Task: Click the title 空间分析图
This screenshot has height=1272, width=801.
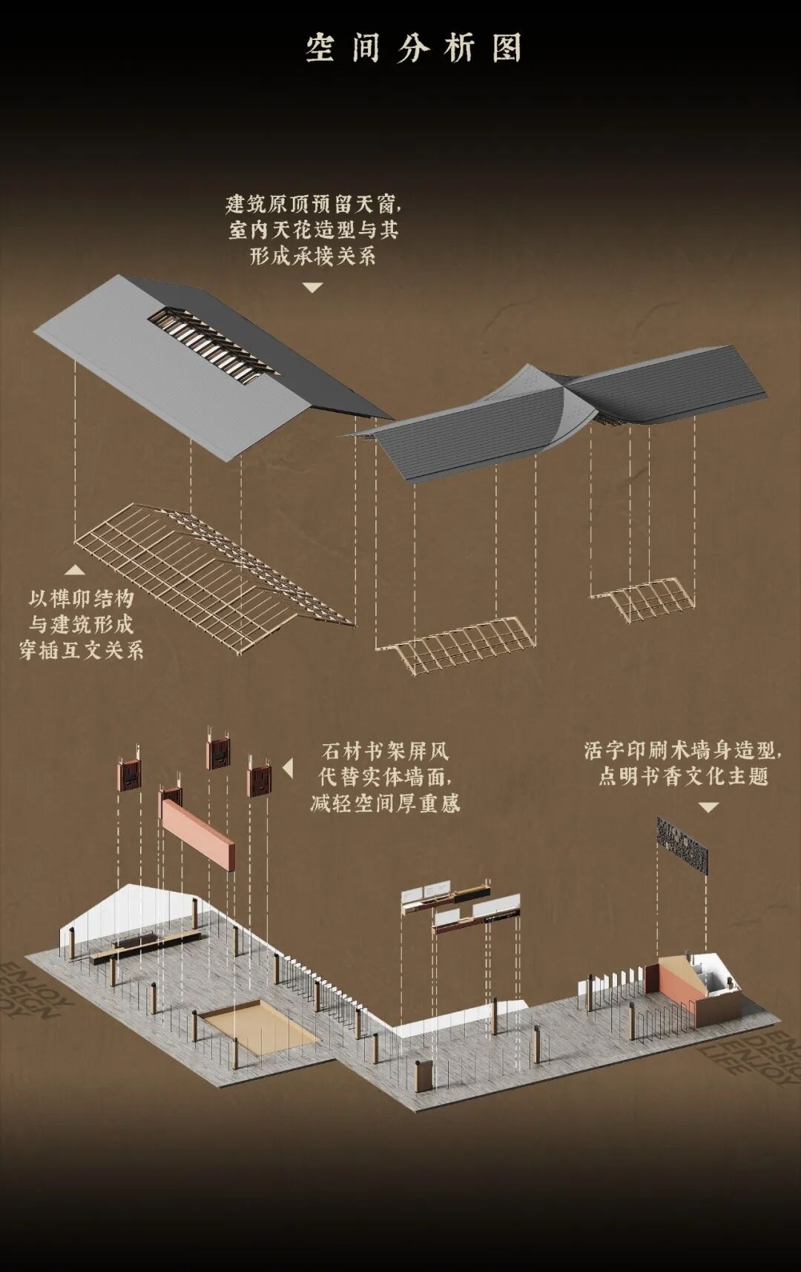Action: [x=414, y=49]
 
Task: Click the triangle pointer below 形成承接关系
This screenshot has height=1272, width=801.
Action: [x=313, y=288]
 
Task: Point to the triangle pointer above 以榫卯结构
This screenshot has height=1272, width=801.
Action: [x=74, y=569]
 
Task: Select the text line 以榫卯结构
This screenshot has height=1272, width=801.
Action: [x=82, y=598]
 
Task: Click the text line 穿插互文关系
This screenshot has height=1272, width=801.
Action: [x=82, y=650]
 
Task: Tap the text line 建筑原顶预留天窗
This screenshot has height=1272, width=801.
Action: [x=313, y=204]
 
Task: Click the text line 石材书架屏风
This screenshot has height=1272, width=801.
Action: [x=386, y=751]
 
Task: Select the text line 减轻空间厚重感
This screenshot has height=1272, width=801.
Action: [x=386, y=803]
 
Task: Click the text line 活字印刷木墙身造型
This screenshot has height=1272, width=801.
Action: [x=682, y=750]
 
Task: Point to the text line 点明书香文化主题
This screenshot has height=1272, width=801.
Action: [x=682, y=776]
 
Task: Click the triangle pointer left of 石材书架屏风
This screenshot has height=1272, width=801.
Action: [x=288, y=768]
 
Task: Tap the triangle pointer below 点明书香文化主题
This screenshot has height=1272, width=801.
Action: [x=709, y=807]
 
